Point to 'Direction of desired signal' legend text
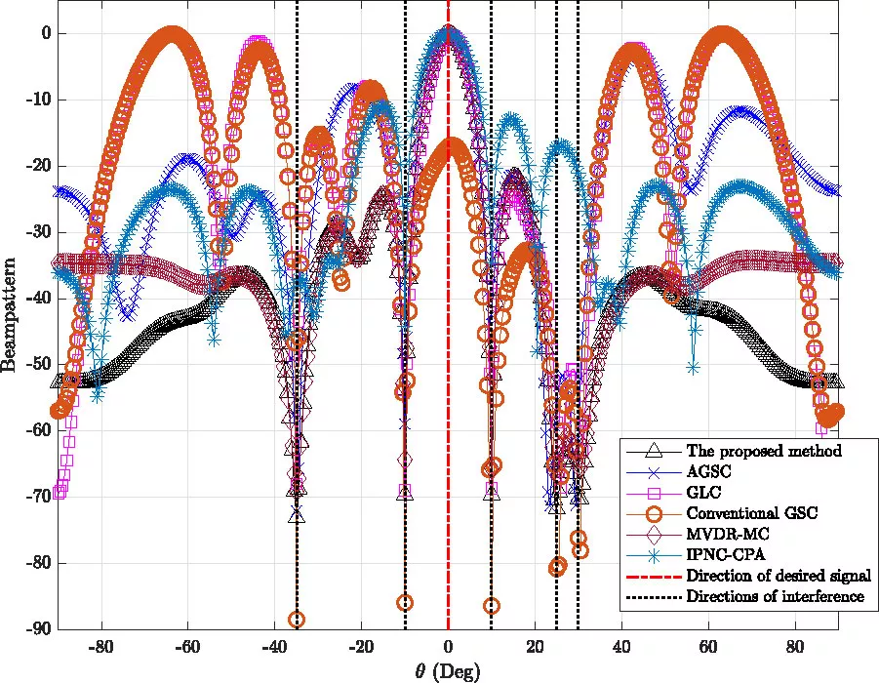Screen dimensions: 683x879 (778, 575)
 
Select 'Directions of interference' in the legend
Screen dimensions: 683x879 (776, 595)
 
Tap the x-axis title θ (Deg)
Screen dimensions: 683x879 (448, 671)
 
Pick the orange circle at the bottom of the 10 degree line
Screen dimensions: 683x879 (491, 606)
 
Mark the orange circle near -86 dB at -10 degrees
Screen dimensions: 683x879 (405, 603)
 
